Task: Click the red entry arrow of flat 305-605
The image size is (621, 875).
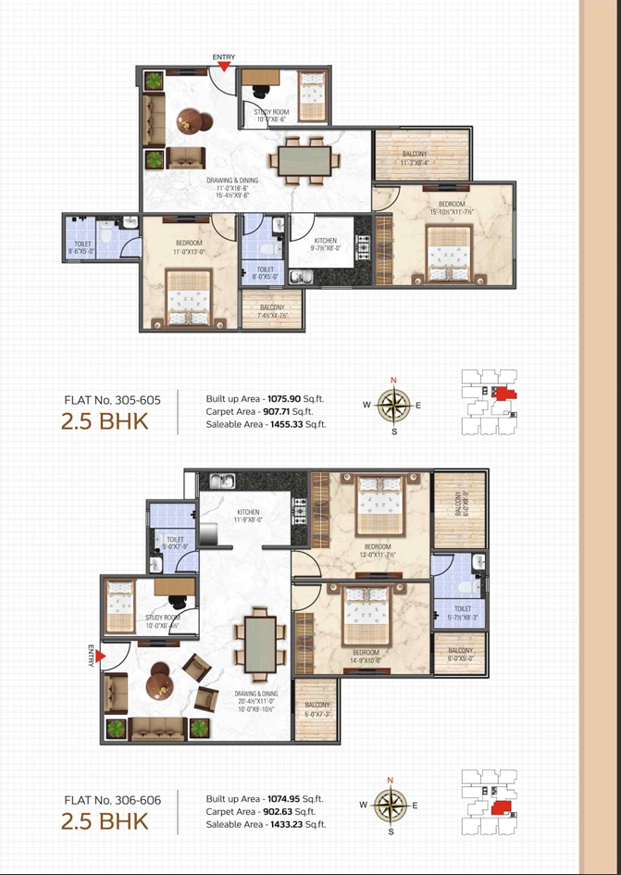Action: coord(224,67)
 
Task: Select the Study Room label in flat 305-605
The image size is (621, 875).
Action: coord(271,112)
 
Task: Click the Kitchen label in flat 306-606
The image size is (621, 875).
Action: coord(248,512)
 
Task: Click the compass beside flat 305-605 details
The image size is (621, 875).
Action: coord(393,405)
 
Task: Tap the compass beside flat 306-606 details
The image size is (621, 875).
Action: coord(391,806)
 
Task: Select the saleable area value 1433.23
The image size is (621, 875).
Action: coord(293,824)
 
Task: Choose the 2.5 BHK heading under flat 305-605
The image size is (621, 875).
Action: coord(105,423)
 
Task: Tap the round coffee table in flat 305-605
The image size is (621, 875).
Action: coord(195,121)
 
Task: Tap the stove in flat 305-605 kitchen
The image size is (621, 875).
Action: coord(364,247)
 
